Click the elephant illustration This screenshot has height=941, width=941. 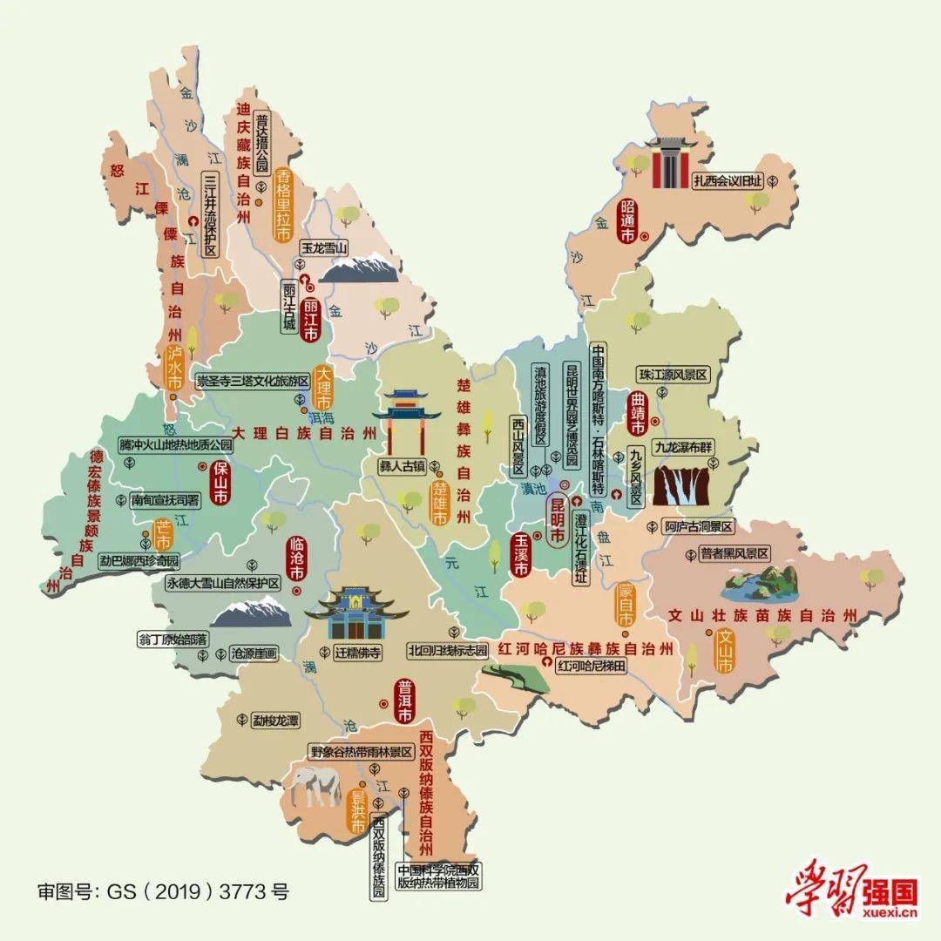tap(316, 785)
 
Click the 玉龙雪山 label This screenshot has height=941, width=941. tap(324, 247)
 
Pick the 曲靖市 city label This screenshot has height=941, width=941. tap(636, 414)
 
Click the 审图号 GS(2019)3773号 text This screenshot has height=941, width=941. tap(162, 891)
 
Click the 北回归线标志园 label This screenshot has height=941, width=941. tap(448, 651)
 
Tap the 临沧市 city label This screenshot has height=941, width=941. tap(296, 560)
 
